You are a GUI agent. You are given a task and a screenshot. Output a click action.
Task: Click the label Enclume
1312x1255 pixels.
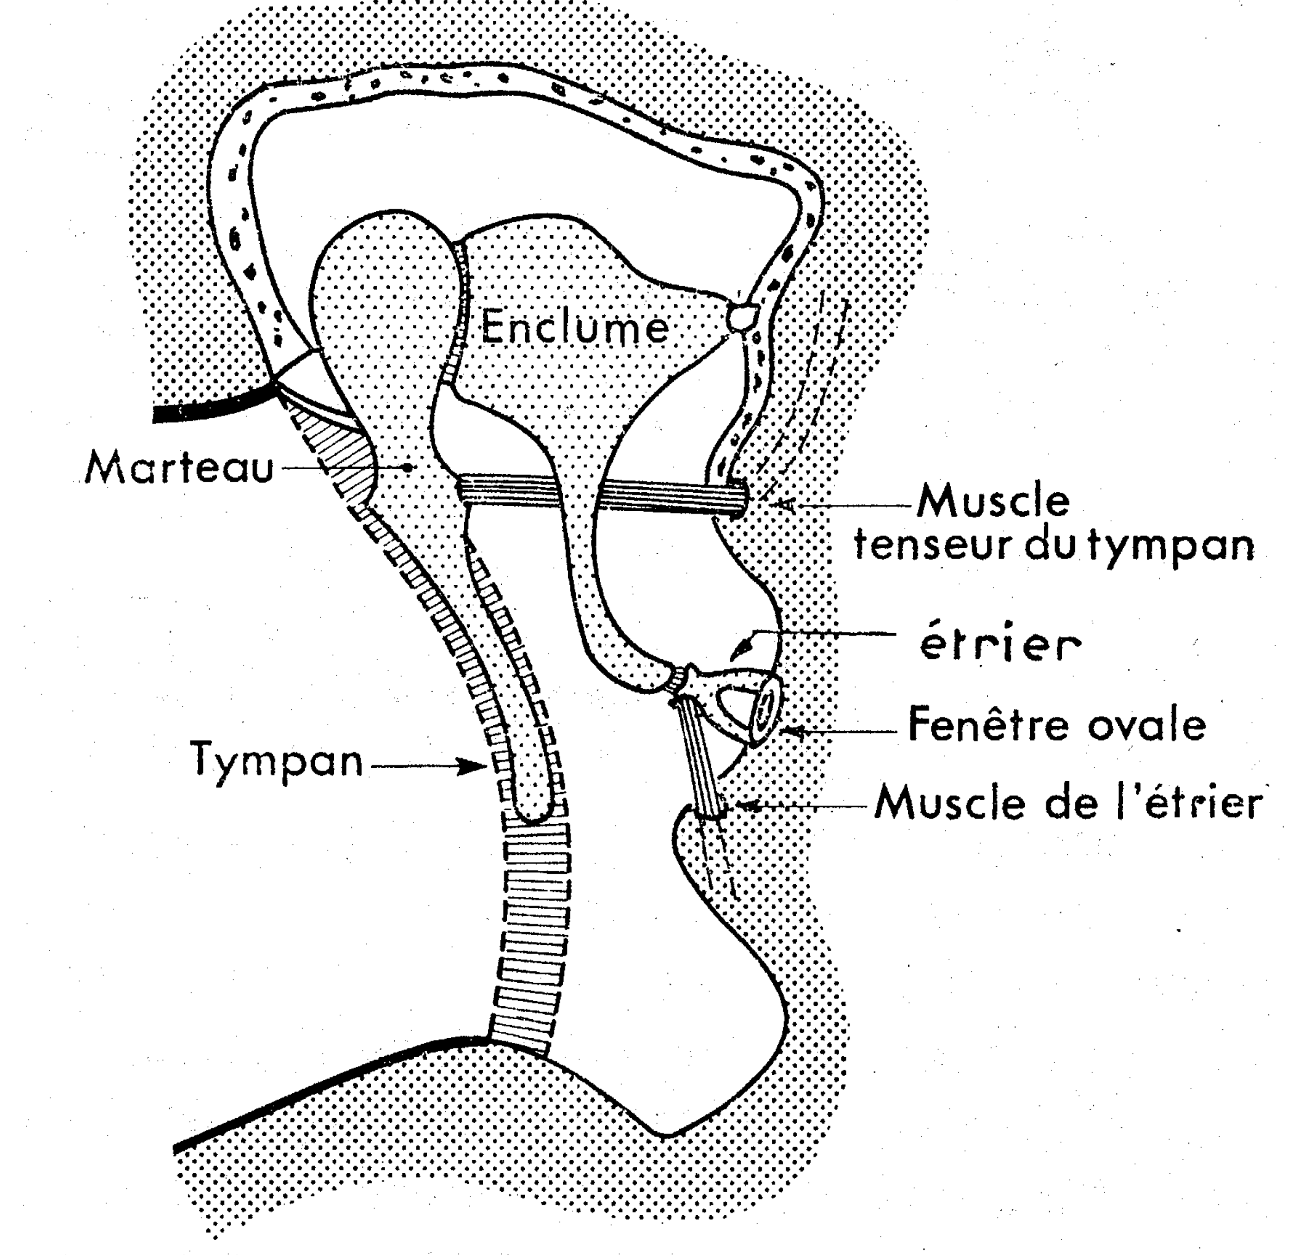pos(574,328)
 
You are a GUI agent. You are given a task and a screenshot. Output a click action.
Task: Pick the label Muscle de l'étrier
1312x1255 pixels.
pos(1069,803)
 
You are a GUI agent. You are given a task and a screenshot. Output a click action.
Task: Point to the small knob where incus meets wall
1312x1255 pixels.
pos(742,314)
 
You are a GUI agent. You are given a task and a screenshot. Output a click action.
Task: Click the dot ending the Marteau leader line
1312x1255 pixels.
pos(409,467)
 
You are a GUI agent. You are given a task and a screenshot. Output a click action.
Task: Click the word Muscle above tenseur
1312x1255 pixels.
pos(993,502)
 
